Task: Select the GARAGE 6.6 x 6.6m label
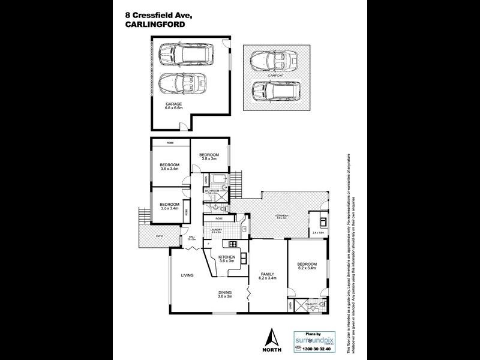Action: point(174,106)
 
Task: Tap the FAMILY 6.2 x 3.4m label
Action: point(267,277)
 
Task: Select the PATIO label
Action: point(160,236)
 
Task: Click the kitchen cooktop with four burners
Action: point(230,245)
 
